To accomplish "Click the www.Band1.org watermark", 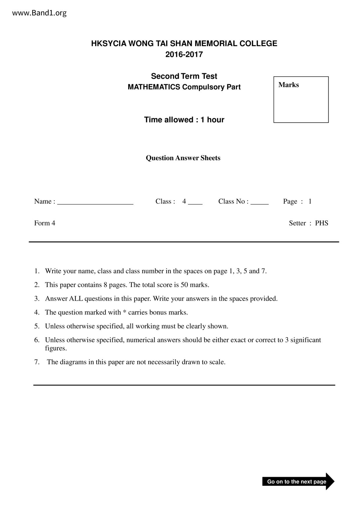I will click(x=39, y=13).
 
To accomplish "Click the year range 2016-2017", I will click(x=184, y=55).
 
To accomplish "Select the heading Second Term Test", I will click(x=184, y=76).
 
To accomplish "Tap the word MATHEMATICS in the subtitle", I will click(x=154, y=87).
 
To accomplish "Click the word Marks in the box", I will click(x=289, y=85).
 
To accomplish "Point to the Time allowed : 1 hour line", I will click(x=184, y=120).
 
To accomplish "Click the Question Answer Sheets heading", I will click(x=183, y=158).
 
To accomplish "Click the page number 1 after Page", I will click(x=310, y=201).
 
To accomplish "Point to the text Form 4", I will click(x=45, y=223).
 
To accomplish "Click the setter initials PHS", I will click(x=322, y=223).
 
